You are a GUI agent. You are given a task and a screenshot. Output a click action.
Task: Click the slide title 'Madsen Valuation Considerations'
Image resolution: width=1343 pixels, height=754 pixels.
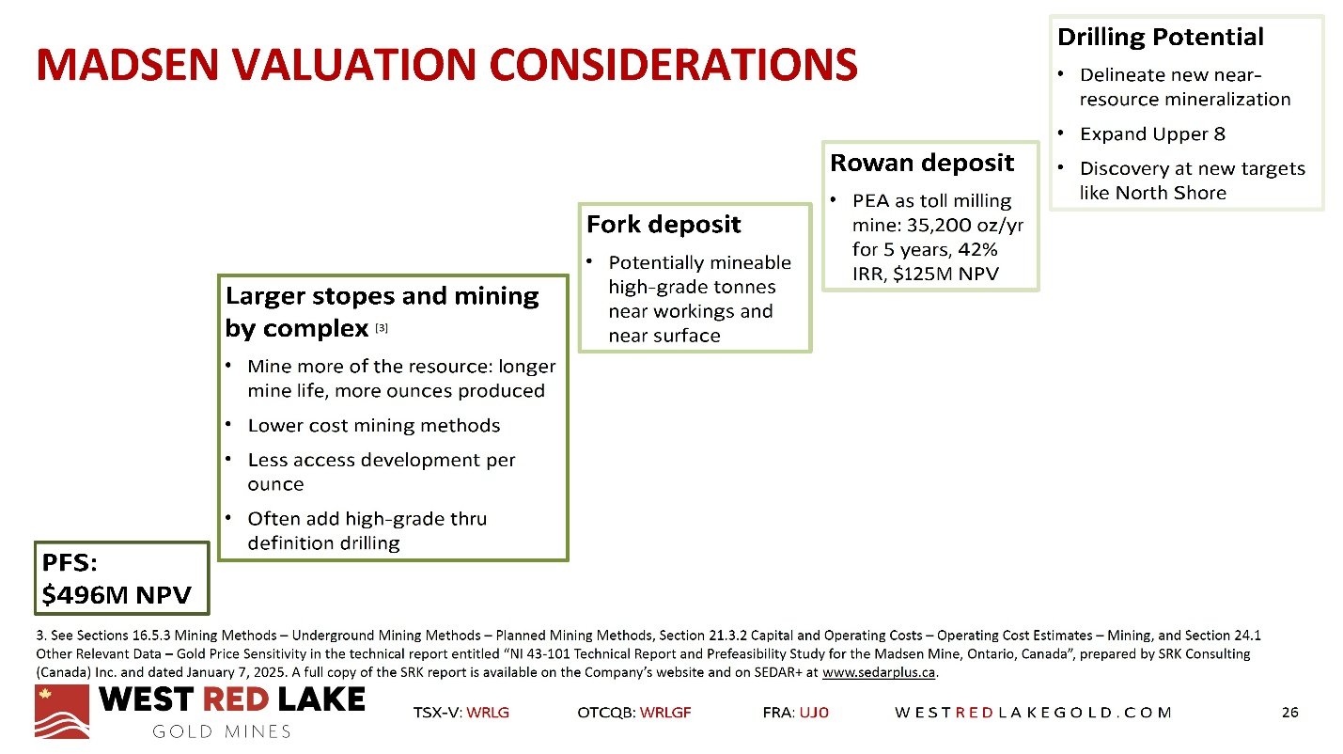coord(446,64)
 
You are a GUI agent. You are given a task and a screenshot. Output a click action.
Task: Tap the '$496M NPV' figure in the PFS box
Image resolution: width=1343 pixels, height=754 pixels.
coord(117,595)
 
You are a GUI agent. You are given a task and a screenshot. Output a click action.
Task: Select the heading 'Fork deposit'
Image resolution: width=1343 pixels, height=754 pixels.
coord(664,225)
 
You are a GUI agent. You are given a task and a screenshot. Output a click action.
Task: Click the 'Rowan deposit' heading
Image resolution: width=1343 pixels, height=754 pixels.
coord(922,163)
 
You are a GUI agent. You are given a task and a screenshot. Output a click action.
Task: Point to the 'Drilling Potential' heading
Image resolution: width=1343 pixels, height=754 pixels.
coord(1160,38)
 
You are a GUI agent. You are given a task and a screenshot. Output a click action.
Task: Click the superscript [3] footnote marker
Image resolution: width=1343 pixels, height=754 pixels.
coord(382,328)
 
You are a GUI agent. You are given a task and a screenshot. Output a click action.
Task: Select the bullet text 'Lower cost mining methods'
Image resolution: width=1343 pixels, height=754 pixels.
coord(373,425)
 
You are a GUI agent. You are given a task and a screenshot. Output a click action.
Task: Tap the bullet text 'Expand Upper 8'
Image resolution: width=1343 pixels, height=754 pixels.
coord(1152,134)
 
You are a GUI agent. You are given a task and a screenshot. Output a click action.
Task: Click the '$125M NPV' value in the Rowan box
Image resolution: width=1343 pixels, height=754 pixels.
coord(945,275)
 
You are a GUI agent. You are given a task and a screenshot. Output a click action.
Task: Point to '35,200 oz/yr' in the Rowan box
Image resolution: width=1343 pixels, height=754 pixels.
coord(964,226)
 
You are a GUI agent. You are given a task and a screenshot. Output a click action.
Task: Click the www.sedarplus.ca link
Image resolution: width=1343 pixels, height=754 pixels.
coord(879,672)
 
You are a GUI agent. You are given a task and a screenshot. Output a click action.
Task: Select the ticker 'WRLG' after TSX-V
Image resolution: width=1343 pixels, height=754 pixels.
coord(488,713)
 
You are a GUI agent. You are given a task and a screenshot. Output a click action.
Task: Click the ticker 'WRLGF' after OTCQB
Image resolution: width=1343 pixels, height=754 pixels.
coord(664,713)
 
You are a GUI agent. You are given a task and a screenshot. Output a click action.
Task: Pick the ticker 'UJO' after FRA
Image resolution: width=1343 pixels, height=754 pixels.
coord(814,713)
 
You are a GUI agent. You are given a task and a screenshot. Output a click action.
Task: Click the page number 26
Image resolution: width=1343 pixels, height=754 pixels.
coord(1289,712)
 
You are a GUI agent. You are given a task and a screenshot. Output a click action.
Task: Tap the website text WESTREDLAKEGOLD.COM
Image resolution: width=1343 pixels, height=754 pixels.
coord(1033,713)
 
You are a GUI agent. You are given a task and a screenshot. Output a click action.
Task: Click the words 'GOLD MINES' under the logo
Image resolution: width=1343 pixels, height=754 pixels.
coord(221,731)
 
